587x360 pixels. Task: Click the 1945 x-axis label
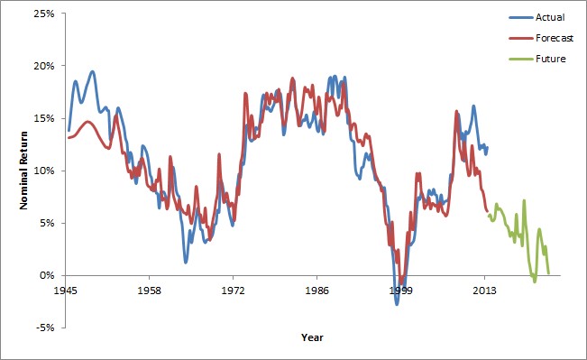click(x=66, y=292)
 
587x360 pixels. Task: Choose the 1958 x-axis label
click(x=150, y=292)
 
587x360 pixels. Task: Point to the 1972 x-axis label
click(x=234, y=292)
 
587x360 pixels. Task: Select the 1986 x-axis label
click(x=317, y=292)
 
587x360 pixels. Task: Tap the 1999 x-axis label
click(x=401, y=292)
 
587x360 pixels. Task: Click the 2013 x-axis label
click(x=485, y=292)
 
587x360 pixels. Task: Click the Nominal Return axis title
click(x=26, y=171)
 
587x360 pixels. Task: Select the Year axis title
click(x=312, y=337)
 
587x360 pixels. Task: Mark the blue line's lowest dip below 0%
click(x=396, y=304)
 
